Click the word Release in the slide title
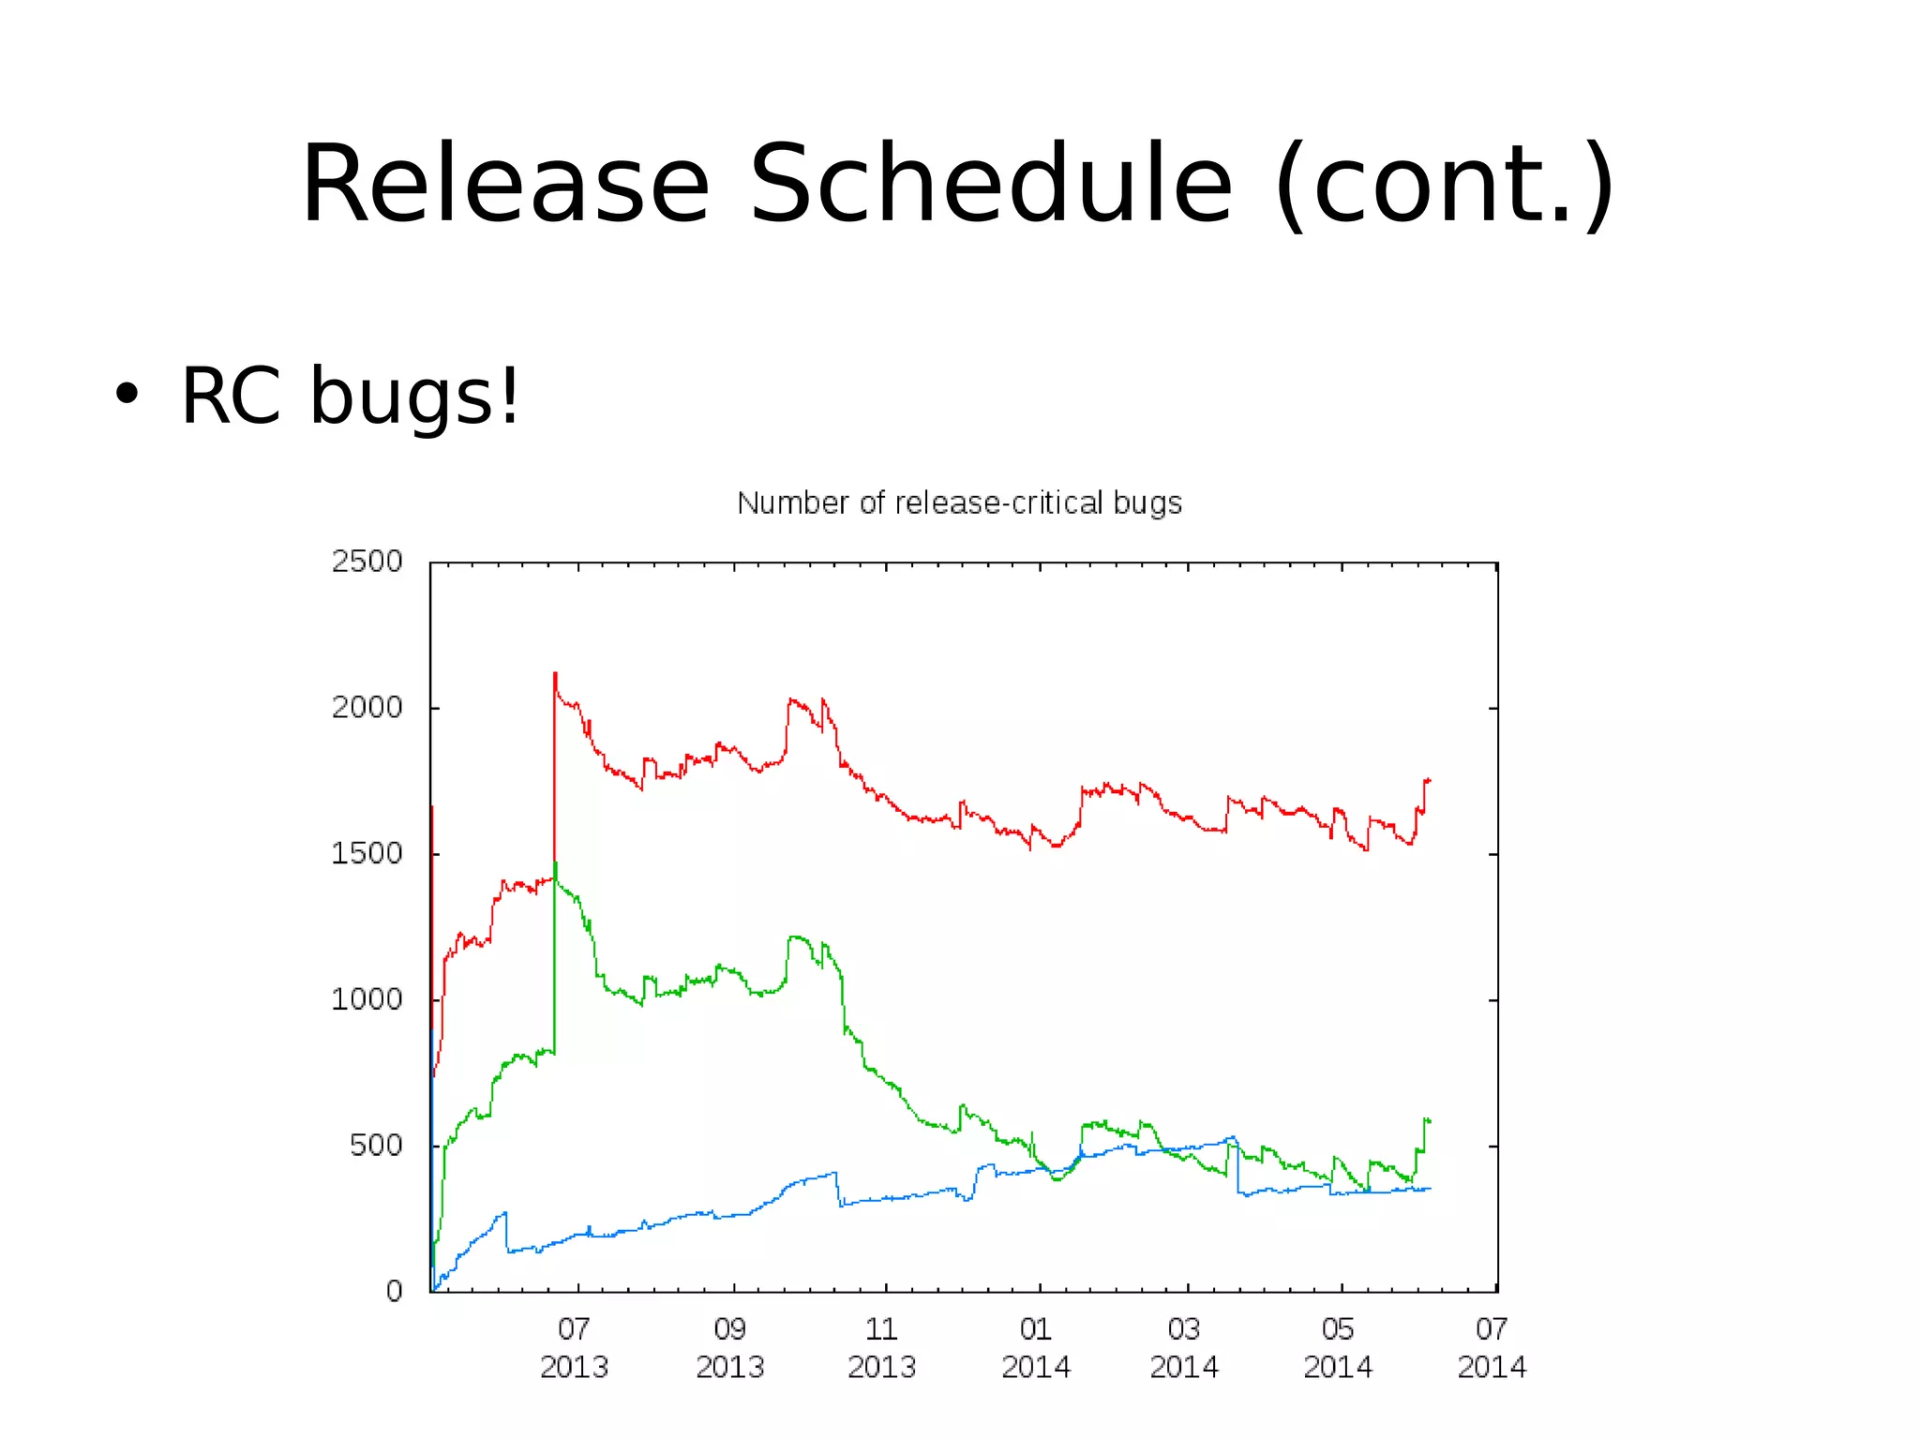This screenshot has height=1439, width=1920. [x=504, y=185]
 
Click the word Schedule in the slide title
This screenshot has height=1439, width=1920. [x=991, y=185]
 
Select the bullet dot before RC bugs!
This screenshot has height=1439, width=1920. [x=126, y=395]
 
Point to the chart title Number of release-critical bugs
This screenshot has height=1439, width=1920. [x=959, y=503]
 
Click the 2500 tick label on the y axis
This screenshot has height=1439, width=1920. [x=367, y=562]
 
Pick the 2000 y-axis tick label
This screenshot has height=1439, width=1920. [x=367, y=708]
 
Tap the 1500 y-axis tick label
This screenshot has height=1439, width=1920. [x=367, y=854]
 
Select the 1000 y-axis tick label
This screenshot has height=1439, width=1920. [x=367, y=1000]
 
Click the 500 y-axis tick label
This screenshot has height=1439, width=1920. [x=376, y=1146]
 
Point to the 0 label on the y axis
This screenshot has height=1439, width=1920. [x=395, y=1292]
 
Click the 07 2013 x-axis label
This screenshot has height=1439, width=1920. [x=574, y=1348]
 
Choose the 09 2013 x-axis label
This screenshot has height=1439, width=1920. [x=729, y=1348]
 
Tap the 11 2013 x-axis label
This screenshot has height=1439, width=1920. [x=881, y=1348]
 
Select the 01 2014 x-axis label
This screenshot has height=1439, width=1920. [x=1035, y=1348]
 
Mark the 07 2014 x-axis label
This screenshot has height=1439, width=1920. [x=1491, y=1348]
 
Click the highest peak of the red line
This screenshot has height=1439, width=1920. [x=555, y=674]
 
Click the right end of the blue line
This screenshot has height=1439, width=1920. [x=1430, y=1189]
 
